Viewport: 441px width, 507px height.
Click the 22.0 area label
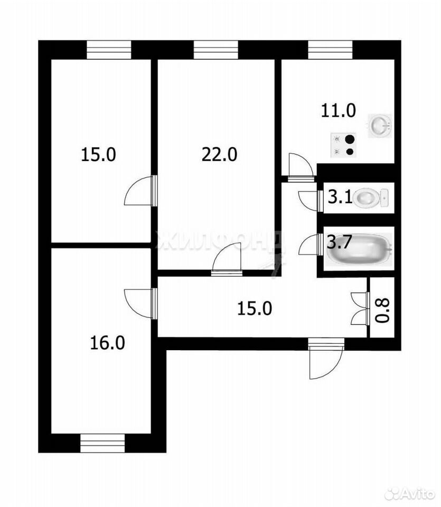(x=220, y=154)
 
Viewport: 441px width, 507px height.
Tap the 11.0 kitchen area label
(x=338, y=110)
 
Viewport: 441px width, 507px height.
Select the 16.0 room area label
(x=107, y=343)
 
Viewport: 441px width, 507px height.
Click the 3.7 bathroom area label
(x=339, y=242)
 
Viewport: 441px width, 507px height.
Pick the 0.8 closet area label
(x=383, y=311)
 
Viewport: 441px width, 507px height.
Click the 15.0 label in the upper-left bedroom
(x=98, y=154)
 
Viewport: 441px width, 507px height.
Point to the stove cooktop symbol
(x=343, y=145)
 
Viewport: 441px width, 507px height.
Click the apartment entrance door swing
(x=325, y=359)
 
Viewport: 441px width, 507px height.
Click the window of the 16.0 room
(x=102, y=443)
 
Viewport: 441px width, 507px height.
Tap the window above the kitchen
(x=330, y=50)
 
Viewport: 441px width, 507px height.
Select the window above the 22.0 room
(x=215, y=50)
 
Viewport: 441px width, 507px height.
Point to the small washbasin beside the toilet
(x=384, y=198)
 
